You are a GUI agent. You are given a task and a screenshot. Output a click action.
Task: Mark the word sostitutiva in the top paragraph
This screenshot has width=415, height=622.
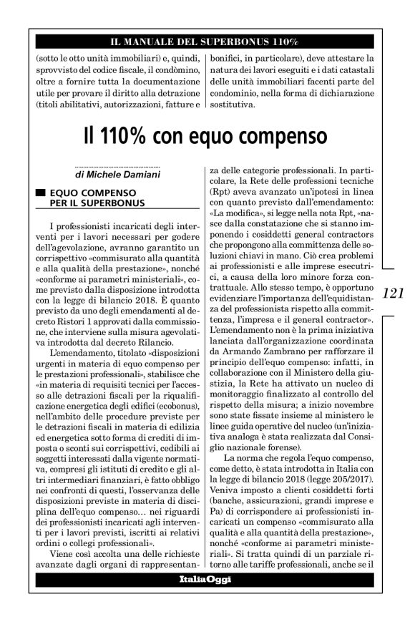230,104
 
